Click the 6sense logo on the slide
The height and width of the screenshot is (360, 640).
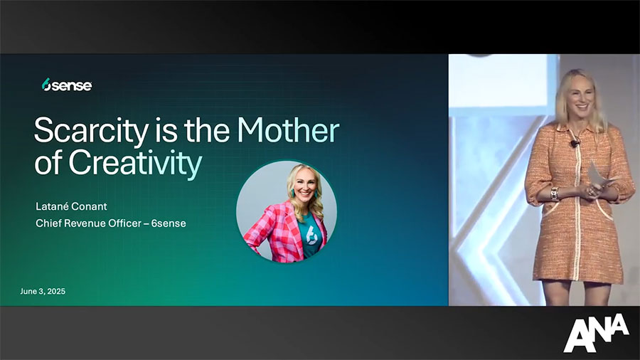tap(67, 85)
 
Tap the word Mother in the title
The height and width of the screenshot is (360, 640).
tap(288, 129)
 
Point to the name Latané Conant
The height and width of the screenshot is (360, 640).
tap(71, 206)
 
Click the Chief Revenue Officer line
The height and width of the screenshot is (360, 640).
tap(111, 223)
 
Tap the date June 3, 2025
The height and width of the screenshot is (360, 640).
tap(43, 292)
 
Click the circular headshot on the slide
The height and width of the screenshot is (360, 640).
tap(287, 211)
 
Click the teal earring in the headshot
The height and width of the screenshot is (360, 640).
tap(292, 193)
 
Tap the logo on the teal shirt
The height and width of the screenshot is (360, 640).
tap(311, 234)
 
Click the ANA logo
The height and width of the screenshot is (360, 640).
tap(596, 332)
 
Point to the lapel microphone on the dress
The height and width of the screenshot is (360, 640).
tap(575, 143)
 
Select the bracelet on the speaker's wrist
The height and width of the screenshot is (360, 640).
tap(554, 194)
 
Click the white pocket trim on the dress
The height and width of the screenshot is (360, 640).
tap(604, 210)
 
